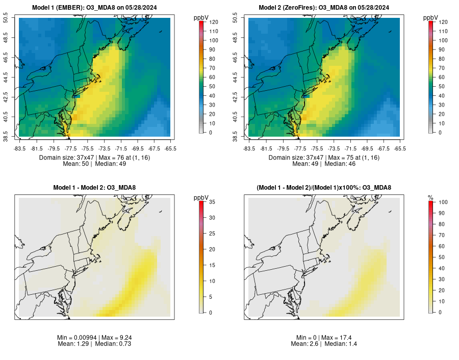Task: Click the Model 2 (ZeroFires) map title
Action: (x=324, y=7)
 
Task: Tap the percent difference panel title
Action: (x=324, y=188)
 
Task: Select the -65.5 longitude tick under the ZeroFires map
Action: (x=400, y=148)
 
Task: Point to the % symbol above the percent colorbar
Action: (x=430, y=198)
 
